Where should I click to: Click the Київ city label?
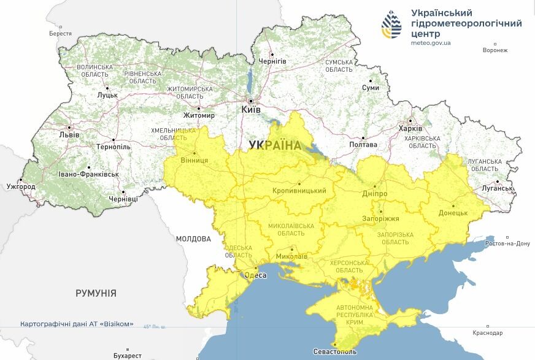251,109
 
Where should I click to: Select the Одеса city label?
256,275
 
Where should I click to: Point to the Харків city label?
410,129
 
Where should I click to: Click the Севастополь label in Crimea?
334,352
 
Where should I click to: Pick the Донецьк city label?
453,213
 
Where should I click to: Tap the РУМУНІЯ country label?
96,293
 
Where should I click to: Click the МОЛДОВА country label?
193,239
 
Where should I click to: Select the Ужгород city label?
21,186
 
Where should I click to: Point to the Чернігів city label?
272,62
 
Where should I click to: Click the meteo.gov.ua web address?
431,43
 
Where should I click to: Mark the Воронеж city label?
495,50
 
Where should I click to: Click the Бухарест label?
128,355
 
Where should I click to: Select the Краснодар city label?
488,333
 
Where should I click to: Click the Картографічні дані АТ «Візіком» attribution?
77,324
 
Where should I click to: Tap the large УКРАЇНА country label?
275,145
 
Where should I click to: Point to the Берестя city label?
61,34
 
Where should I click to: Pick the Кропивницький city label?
299,191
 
